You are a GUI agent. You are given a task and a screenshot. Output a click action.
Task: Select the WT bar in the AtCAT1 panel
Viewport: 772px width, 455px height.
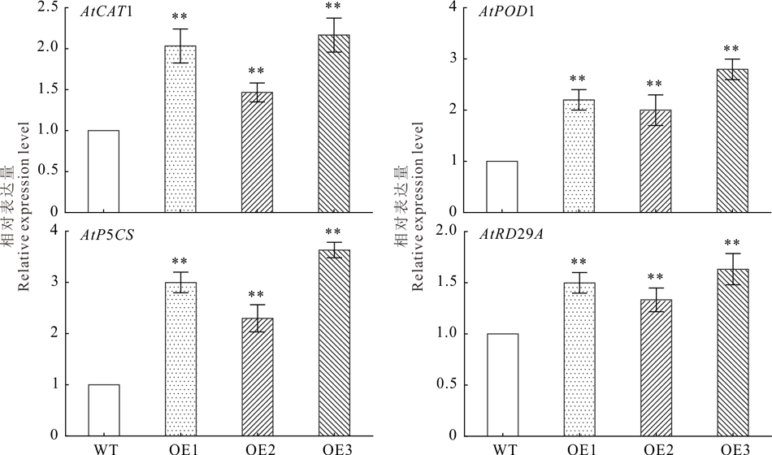point(103,171)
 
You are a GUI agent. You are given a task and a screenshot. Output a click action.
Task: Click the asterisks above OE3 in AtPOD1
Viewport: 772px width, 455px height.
point(733,50)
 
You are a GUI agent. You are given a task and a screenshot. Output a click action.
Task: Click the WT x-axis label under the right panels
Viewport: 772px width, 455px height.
point(505,446)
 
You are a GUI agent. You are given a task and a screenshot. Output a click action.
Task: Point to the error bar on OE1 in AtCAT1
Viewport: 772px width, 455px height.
point(180,45)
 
